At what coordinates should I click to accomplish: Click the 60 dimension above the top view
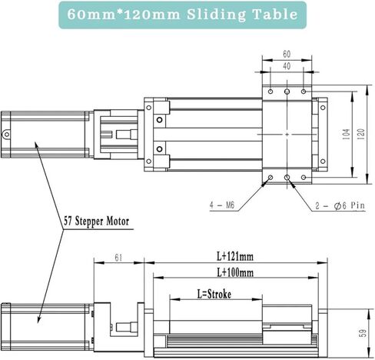point(287,55)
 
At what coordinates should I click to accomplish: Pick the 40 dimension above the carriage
point(287,66)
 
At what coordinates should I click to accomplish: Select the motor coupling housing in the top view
point(117,135)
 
